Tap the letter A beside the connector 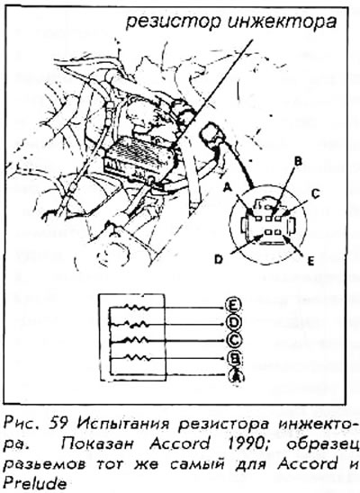pyautogui.click(x=228, y=188)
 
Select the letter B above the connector pyautogui.click(x=297, y=162)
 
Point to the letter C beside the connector pyautogui.click(x=315, y=194)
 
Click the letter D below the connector pyautogui.click(x=219, y=260)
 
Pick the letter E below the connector pyautogui.click(x=311, y=262)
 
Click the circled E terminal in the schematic pyautogui.click(x=234, y=305)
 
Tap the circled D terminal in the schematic pyautogui.click(x=234, y=323)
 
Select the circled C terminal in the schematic pyautogui.click(x=234, y=340)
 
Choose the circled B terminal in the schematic pyautogui.click(x=234, y=358)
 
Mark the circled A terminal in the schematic pyautogui.click(x=235, y=375)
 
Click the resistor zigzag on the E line pyautogui.click(x=138, y=307)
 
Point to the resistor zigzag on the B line pyautogui.click(x=138, y=357)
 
